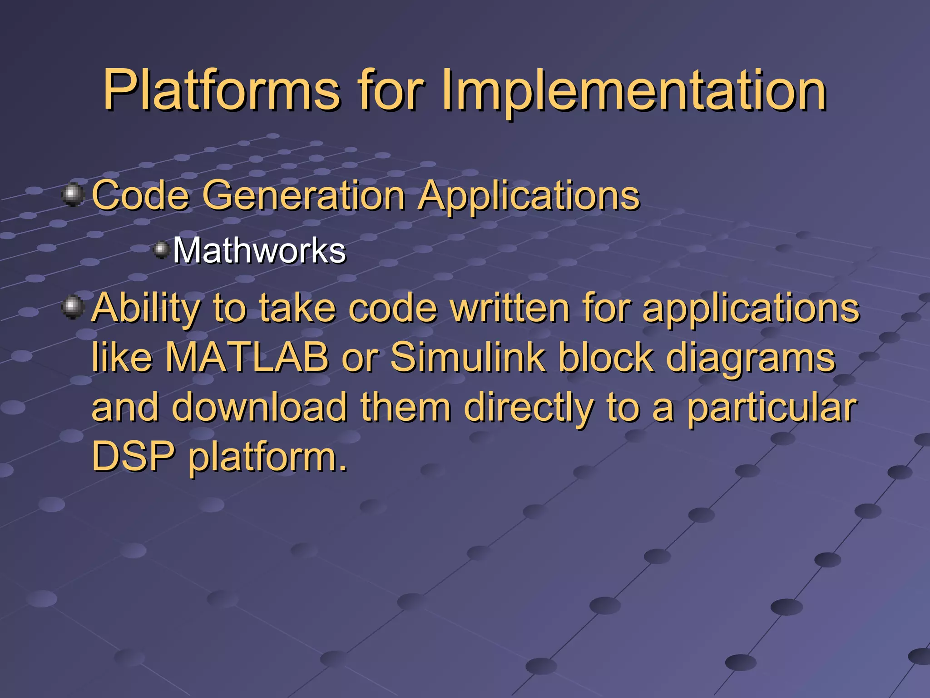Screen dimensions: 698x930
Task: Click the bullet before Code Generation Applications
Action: (x=73, y=195)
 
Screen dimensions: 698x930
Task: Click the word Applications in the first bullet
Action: (x=529, y=196)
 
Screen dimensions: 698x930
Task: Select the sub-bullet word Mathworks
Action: (x=259, y=250)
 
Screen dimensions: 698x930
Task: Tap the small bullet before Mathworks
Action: (x=161, y=249)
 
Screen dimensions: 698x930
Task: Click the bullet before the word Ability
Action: (x=73, y=307)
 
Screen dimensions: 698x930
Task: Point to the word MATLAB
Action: (x=247, y=358)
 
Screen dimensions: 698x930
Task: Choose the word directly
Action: (x=529, y=408)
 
